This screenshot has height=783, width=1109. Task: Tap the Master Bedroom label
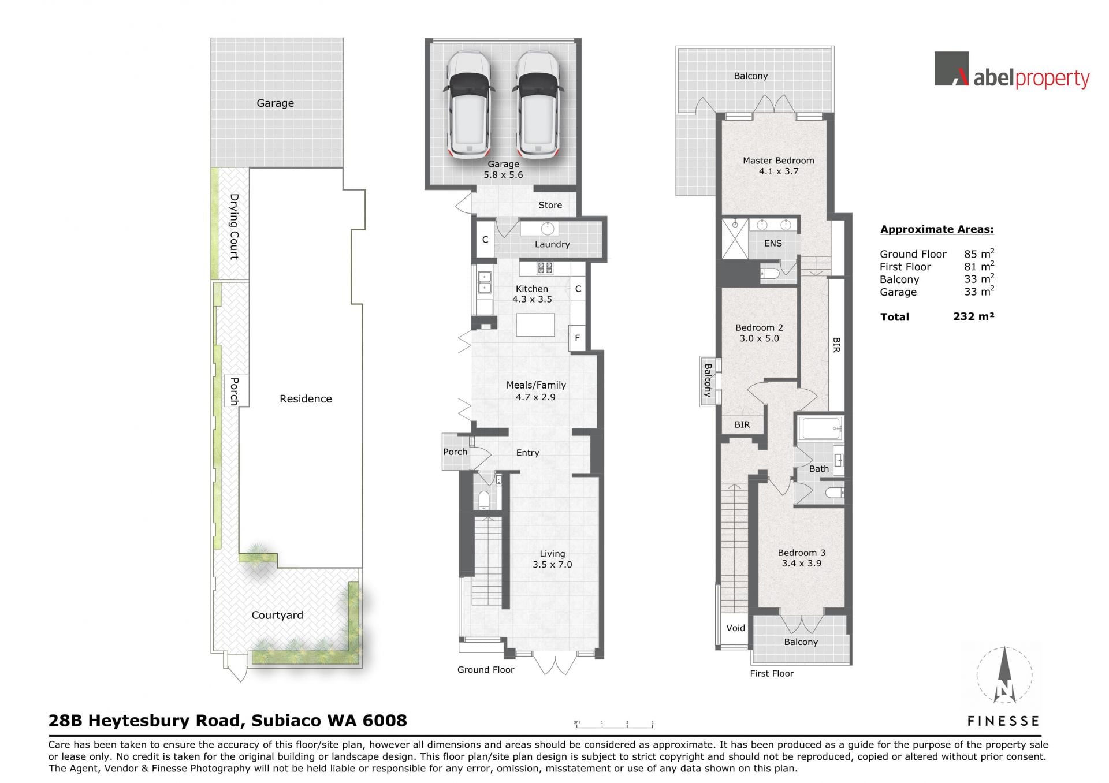point(778,166)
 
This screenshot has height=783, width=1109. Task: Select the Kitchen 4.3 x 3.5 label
point(532,294)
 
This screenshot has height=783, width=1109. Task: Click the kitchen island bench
point(535,325)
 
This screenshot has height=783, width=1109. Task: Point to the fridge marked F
point(577,338)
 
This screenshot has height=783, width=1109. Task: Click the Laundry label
point(552,244)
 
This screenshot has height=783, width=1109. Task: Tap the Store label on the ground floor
point(550,205)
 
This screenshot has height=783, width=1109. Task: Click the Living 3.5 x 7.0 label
point(552,559)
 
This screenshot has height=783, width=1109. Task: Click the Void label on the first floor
point(735,628)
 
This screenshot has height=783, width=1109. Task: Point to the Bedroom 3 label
point(801,558)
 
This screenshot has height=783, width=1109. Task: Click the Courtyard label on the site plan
point(277,615)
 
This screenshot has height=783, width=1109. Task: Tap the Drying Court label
point(234,226)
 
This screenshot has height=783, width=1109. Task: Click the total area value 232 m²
point(974,316)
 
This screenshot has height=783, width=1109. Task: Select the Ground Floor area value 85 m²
point(979,253)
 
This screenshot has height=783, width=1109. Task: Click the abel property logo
point(1012,70)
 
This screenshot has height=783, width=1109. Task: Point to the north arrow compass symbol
point(1004,674)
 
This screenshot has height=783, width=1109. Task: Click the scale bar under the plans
point(613,723)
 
